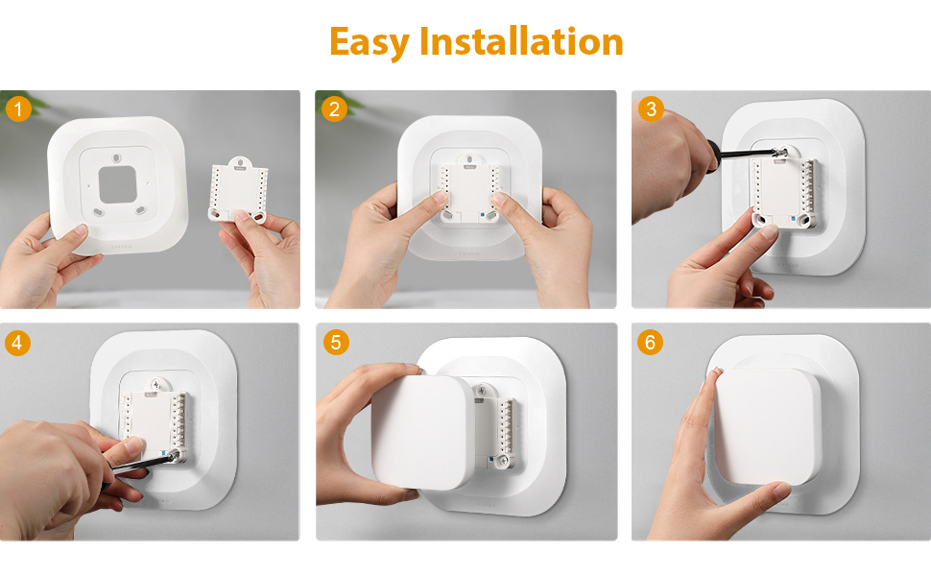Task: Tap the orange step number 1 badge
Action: pyautogui.click(x=18, y=108)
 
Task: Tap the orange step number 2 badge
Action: pyautogui.click(x=334, y=108)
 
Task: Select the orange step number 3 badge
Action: pyautogui.click(x=652, y=108)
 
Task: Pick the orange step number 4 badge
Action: pyautogui.click(x=18, y=342)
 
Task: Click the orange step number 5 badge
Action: pyautogui.click(x=334, y=342)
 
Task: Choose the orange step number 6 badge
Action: pyautogui.click(x=652, y=342)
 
